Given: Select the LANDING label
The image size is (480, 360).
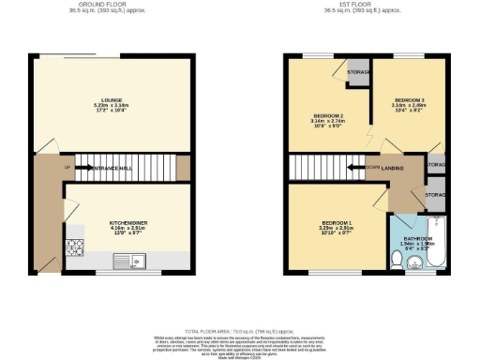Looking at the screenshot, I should (393, 169).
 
